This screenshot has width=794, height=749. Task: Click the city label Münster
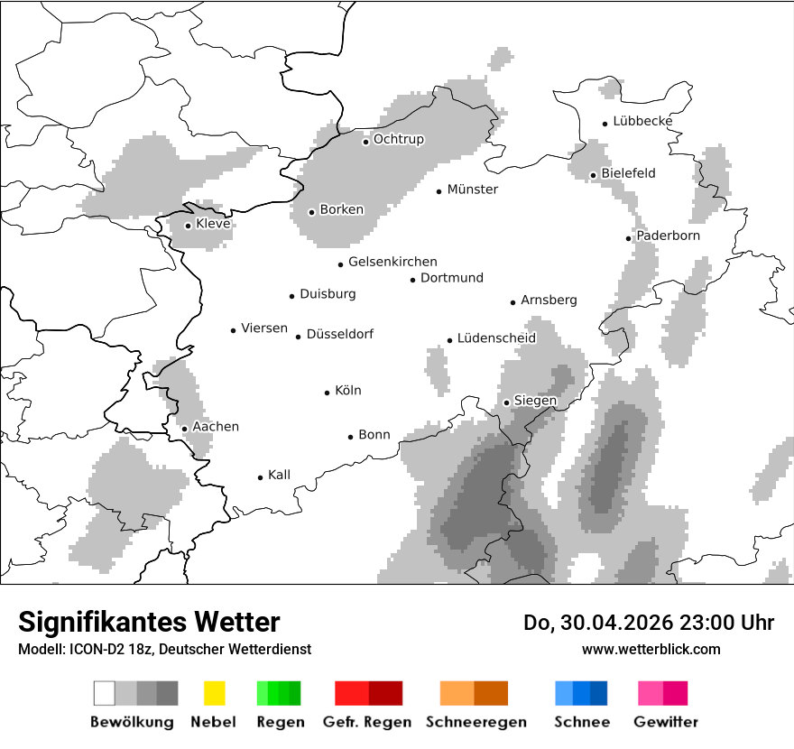click(x=473, y=190)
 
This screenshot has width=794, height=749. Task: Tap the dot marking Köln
click(x=328, y=393)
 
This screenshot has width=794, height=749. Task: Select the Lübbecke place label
click(x=642, y=121)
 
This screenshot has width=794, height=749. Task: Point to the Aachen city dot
click(x=184, y=429)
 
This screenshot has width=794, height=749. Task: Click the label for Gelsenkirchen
click(x=392, y=262)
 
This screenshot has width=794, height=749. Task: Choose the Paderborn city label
click(x=668, y=236)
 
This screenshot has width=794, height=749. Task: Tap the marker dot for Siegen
click(x=507, y=402)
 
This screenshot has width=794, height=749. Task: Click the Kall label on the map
click(x=279, y=475)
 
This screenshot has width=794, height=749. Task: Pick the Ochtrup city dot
click(x=366, y=141)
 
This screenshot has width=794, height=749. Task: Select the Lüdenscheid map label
click(x=496, y=338)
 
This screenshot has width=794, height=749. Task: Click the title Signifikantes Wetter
click(x=149, y=622)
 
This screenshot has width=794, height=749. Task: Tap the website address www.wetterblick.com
click(x=651, y=649)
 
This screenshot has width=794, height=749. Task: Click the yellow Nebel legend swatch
click(x=214, y=693)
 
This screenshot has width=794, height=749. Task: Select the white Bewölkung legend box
click(x=105, y=693)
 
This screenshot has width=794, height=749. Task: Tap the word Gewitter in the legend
click(x=666, y=722)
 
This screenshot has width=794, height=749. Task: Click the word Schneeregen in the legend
click(x=476, y=722)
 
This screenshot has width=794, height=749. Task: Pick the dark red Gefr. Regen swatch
click(x=385, y=693)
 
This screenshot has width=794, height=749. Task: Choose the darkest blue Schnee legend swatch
click(x=598, y=693)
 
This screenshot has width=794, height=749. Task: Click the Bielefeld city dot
click(x=594, y=175)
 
